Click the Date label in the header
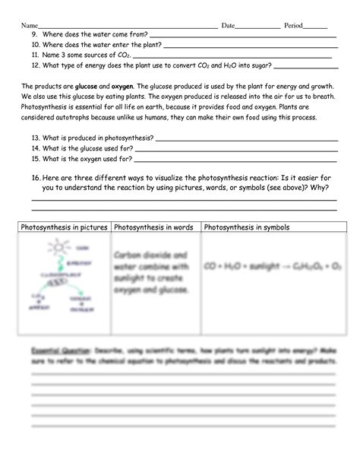click(x=228, y=26)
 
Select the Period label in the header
click(x=293, y=26)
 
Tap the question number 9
click(x=34, y=35)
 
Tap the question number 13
click(x=36, y=138)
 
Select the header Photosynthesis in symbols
click(x=247, y=227)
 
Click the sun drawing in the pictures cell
click(x=58, y=249)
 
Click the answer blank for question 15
click(x=235, y=160)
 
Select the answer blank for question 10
click(x=251, y=46)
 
